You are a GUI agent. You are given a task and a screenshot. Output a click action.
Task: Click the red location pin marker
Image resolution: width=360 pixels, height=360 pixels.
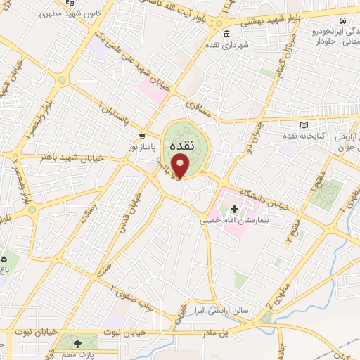(181, 167)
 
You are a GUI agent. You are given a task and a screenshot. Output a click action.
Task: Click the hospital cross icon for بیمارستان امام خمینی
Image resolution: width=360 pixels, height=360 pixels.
(234, 209)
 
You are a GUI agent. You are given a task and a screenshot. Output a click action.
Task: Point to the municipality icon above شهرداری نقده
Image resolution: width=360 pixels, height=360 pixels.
(226, 34)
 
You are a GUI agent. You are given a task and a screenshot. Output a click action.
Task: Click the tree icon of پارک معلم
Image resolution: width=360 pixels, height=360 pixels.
(77, 342)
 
